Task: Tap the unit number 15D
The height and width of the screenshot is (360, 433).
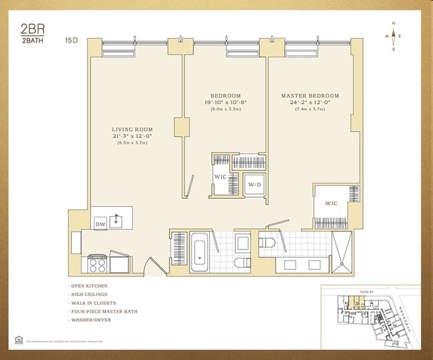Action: (71, 40)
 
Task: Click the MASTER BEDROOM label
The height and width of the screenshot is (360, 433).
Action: (310, 96)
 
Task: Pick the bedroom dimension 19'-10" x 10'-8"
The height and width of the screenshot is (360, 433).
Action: (225, 103)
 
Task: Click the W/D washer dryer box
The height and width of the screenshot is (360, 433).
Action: (254, 185)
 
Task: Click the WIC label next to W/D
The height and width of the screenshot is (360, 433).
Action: (221, 177)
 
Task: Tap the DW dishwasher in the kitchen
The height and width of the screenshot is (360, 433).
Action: (100, 223)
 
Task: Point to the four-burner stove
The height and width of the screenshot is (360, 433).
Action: (97, 263)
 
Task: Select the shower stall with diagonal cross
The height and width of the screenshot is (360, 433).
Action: (342, 253)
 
